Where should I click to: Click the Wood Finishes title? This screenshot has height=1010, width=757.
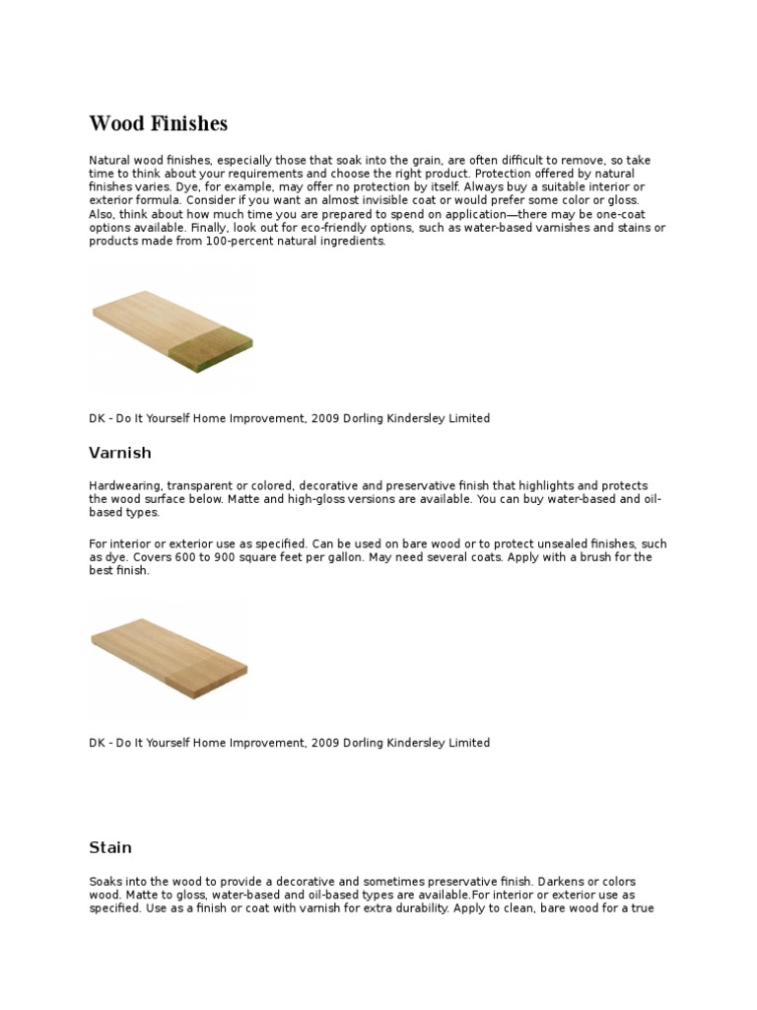[x=158, y=124]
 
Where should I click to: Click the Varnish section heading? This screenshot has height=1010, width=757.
[x=120, y=453]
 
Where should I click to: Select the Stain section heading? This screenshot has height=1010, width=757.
[x=110, y=847]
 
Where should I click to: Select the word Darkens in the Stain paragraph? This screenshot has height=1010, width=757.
[x=554, y=881]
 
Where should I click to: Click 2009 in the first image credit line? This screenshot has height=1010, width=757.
[x=324, y=418]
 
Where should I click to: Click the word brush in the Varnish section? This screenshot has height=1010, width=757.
[x=553, y=557]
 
